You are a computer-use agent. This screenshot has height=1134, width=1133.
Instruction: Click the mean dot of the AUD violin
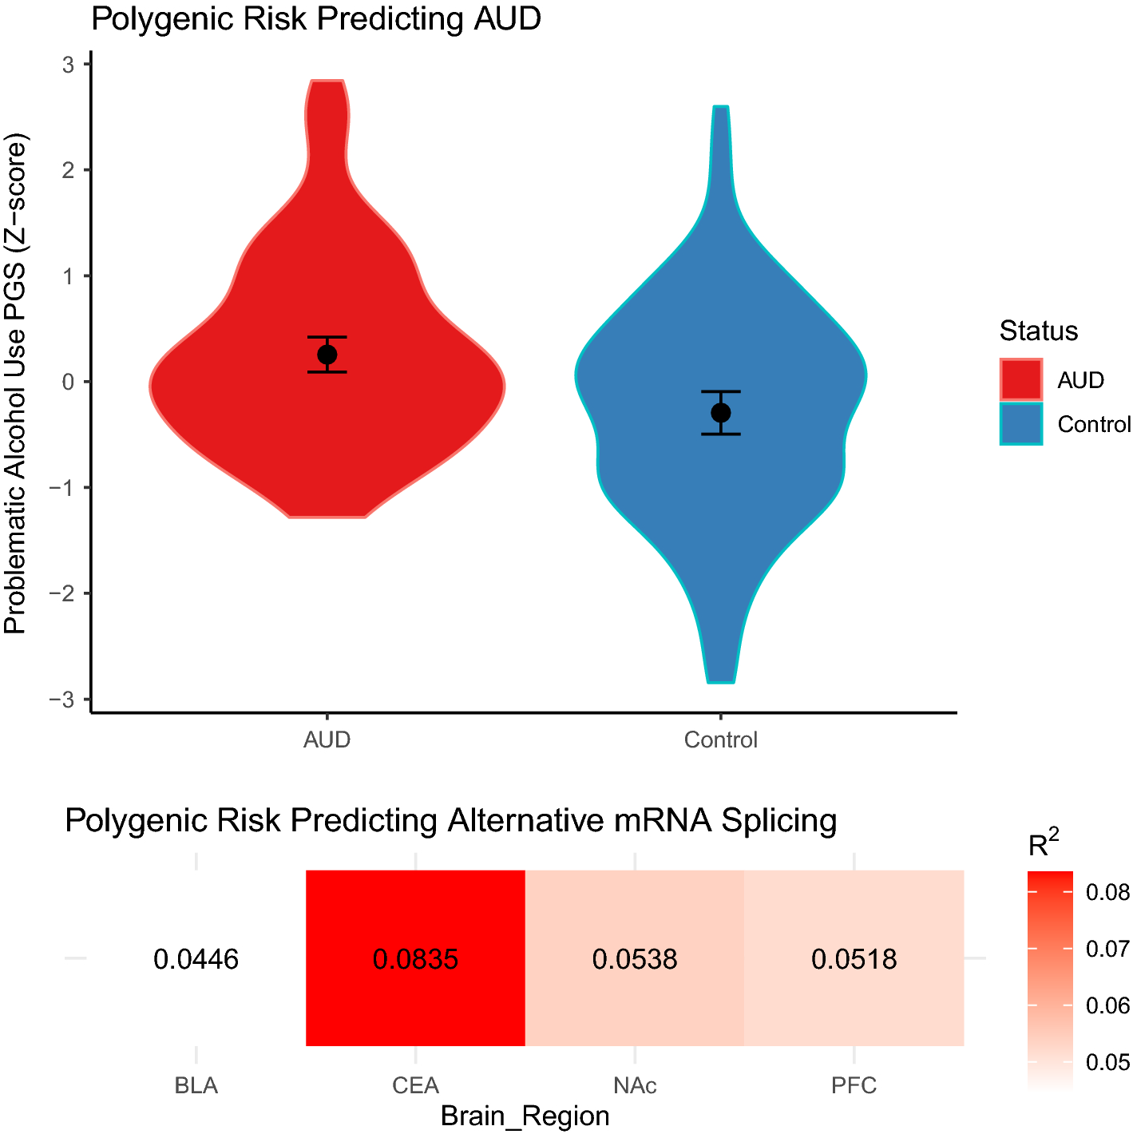[327, 355]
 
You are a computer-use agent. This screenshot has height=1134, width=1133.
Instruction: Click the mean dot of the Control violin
[721, 413]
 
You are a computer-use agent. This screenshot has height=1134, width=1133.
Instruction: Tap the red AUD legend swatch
[1021, 379]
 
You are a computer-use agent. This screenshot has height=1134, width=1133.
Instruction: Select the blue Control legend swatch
[1021, 423]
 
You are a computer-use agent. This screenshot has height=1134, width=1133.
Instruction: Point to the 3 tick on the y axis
[69, 64]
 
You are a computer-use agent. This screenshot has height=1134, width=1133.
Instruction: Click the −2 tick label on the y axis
[62, 593]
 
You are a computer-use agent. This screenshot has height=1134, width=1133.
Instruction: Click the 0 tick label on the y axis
[69, 382]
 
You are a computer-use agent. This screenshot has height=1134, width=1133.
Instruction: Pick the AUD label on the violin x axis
[327, 740]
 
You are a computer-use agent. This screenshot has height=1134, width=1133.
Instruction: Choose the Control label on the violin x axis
[720, 740]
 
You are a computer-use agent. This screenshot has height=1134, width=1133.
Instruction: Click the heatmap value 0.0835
[415, 958]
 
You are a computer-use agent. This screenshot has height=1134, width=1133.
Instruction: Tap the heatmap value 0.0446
[196, 958]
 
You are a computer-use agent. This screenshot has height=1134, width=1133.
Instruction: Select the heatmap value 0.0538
[635, 958]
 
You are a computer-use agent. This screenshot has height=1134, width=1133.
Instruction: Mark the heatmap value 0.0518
[854, 958]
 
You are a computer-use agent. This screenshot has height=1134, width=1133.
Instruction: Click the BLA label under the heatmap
[196, 1086]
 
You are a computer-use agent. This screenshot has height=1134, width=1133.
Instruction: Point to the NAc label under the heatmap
[635, 1086]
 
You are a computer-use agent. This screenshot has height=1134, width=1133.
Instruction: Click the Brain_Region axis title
[525, 1116]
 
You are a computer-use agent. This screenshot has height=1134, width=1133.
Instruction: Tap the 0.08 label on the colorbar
[1107, 892]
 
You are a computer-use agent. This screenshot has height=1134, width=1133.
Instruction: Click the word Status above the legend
[1038, 331]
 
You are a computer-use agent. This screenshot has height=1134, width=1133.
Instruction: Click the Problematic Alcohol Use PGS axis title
[16, 383]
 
